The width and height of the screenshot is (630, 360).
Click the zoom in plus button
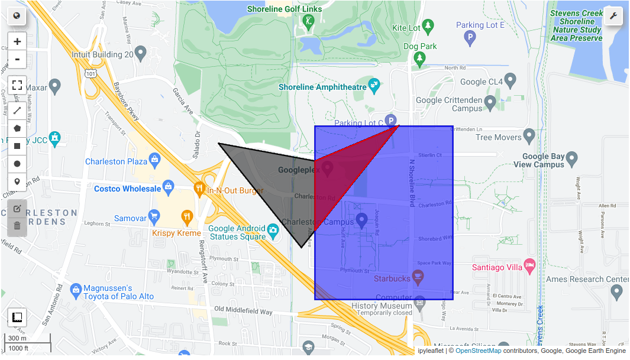pyautogui.click(x=17, y=41)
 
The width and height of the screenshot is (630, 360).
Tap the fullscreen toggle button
pyautogui.click(x=17, y=85)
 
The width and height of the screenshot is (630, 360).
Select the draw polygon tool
pyautogui.click(x=17, y=128)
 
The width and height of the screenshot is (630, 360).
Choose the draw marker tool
pyautogui.click(x=17, y=181)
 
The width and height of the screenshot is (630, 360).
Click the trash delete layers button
pyautogui.click(x=17, y=225)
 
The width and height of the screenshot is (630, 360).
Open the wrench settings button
pyautogui.click(x=613, y=16)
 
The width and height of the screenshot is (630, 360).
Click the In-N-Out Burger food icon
pyautogui.click(x=199, y=190)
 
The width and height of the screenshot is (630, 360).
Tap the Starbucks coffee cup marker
pyautogui.click(x=418, y=276)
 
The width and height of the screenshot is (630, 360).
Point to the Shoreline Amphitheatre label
pyautogui.click(x=322, y=87)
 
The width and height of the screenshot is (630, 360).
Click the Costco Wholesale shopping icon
pyautogui.click(x=169, y=188)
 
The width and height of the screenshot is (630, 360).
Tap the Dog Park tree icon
pyautogui.click(x=420, y=57)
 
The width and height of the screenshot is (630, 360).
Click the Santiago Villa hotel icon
pyautogui.click(x=529, y=265)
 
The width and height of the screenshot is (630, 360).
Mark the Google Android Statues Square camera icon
pyautogui.click(x=273, y=229)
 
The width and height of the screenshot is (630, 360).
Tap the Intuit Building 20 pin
pyautogui.click(x=140, y=54)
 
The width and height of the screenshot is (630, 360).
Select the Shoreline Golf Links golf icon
pyautogui.click(x=308, y=22)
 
